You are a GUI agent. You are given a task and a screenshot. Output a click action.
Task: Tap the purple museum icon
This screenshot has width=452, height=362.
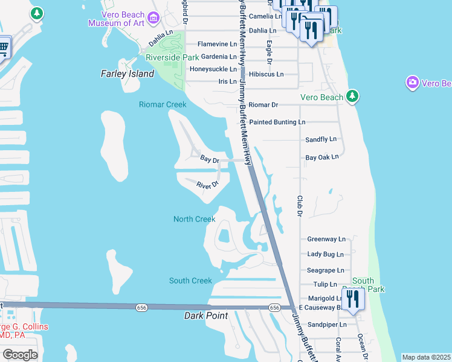(153, 18)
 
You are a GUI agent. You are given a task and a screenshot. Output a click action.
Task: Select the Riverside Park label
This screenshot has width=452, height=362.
(172, 57)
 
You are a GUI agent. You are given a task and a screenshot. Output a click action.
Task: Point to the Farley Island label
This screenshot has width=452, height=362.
(128, 74)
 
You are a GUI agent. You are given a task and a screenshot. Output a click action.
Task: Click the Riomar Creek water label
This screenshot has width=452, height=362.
(163, 104)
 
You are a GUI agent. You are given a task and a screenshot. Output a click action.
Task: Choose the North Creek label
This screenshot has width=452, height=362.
(194, 219)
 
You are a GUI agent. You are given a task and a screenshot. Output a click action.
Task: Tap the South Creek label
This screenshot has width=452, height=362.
(190, 281)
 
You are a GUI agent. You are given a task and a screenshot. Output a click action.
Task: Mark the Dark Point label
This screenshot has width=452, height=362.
(205, 316)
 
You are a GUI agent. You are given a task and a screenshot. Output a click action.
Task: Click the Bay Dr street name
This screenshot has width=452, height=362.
(209, 159)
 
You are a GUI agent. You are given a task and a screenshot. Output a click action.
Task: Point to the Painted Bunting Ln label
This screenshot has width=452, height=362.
(277, 122)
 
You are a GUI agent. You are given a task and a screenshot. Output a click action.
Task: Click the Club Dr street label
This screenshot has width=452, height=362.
(299, 205)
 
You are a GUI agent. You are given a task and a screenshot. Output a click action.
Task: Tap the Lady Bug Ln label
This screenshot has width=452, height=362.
(325, 255)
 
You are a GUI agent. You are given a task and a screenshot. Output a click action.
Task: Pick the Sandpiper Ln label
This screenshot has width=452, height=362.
(326, 324)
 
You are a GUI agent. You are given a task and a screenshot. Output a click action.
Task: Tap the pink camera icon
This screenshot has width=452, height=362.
(413, 82)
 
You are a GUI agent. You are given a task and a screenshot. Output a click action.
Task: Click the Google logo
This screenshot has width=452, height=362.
(20, 354)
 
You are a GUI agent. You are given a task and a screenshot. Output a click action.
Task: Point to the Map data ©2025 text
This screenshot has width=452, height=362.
(426, 357)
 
